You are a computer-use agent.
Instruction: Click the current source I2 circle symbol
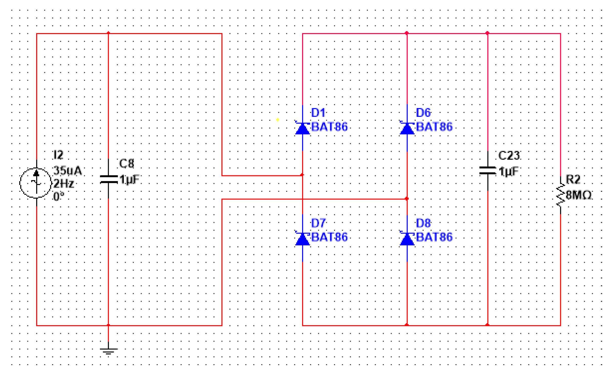pyautogui.click(x=36, y=183)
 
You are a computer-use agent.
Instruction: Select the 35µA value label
pyautogui.click(x=68, y=171)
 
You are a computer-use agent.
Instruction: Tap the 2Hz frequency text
pyautogui.click(x=64, y=184)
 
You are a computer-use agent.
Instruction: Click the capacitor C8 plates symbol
pyautogui.click(x=109, y=179)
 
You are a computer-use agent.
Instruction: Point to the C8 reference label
pyautogui.click(x=127, y=164)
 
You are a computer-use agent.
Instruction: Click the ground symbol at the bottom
pyautogui.click(x=109, y=351)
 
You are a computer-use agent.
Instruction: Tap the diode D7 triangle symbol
pyautogui.click(x=302, y=239)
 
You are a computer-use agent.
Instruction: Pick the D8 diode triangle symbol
pyautogui.click(x=407, y=239)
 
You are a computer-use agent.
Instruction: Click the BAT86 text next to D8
pyautogui.click(x=434, y=237)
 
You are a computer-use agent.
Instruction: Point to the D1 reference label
pyautogui.click(x=318, y=113)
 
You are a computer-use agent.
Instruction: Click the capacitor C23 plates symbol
pyautogui.click(x=488, y=171)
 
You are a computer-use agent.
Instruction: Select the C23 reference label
pyautogui.click(x=509, y=155)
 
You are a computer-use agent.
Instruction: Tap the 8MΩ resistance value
pyautogui.click(x=578, y=195)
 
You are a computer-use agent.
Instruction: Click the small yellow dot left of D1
pyautogui.click(x=278, y=120)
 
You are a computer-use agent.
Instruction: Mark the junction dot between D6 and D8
pyautogui.click(x=407, y=199)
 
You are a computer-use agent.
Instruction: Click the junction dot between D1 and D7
pyautogui.click(x=302, y=175)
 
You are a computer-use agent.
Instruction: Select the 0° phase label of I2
pyautogui.click(x=59, y=196)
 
